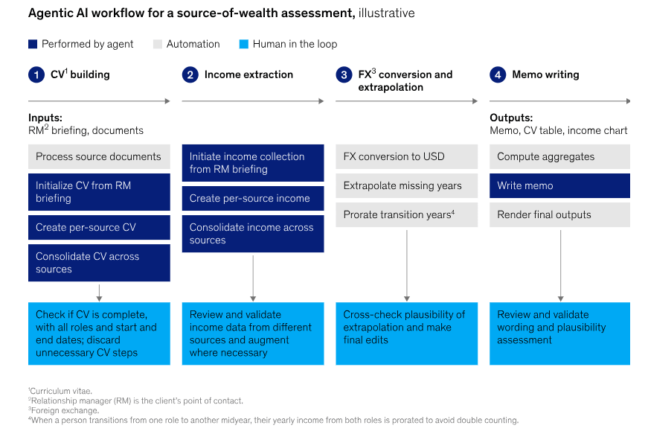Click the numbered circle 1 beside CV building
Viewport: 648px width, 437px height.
coord(36,75)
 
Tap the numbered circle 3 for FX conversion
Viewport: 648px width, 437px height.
coord(344,75)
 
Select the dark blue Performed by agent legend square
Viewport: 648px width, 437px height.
coord(33,44)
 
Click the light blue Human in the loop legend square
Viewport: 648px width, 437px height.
coord(244,44)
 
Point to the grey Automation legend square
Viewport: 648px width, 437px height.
coord(158,44)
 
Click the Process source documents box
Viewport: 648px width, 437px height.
coord(99,156)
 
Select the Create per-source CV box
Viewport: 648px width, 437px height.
coord(99,227)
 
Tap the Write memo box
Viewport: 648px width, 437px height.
coord(559,185)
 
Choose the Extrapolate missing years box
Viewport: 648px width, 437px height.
coord(407,185)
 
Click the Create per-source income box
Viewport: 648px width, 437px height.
coord(253,199)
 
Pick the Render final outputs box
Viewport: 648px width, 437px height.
coord(559,214)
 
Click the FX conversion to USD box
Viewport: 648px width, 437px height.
coord(407,156)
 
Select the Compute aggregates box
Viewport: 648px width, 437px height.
coord(559,156)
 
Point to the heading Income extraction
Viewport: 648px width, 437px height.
coord(248,75)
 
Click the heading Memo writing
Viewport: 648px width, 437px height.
coord(545,75)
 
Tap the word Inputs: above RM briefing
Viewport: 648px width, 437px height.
coord(45,118)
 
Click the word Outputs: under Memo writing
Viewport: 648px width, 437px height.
coord(511,118)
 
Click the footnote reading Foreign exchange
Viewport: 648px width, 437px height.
coord(64,410)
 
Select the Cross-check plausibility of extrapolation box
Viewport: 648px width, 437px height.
coord(407,334)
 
